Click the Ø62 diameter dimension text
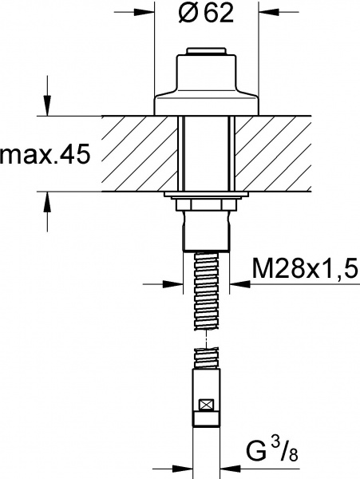point(207,14)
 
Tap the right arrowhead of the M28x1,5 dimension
point(238,283)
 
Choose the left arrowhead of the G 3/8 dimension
point(186,470)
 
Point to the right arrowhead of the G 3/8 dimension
point(227,470)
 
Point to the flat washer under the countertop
point(207,195)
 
